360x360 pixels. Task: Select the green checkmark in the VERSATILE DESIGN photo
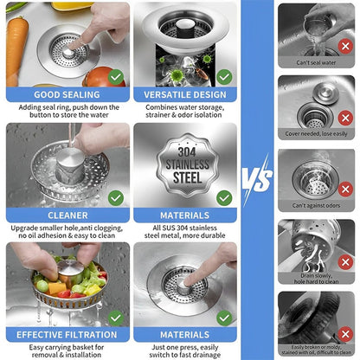(224, 76)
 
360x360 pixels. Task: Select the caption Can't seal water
(316, 62)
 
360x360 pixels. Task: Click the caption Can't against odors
(316, 206)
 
